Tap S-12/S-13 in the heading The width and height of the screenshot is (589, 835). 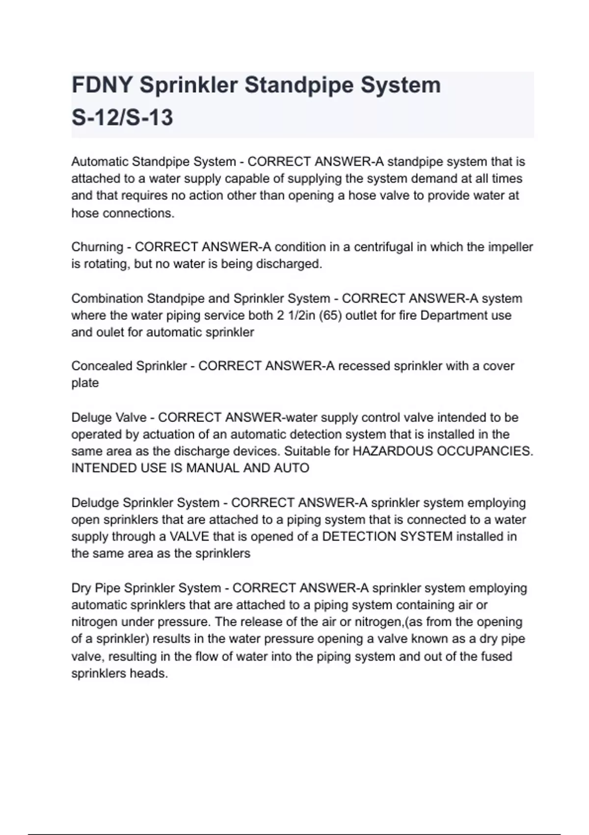point(122,118)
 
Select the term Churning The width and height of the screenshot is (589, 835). point(97,247)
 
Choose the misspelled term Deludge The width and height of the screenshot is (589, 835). point(95,502)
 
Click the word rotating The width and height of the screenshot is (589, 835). point(107,264)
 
